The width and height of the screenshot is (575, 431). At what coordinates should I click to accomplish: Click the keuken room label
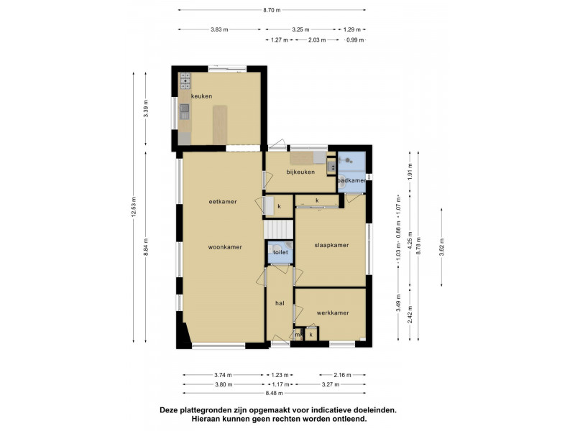201,96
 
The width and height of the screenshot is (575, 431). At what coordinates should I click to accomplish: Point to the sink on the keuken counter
185,111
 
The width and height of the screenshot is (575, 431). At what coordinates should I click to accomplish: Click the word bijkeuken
300,172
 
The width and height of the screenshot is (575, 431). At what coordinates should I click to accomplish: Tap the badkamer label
351,180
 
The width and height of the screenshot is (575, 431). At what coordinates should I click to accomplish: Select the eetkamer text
223,202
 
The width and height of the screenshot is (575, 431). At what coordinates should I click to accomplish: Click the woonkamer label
224,246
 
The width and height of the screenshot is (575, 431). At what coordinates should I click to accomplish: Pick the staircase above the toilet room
279,228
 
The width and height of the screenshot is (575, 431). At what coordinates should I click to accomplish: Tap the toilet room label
280,252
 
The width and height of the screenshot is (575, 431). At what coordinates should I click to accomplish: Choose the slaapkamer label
331,245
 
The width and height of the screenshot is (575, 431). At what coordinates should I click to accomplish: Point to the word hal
280,303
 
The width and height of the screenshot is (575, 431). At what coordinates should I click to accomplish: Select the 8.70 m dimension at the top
272,10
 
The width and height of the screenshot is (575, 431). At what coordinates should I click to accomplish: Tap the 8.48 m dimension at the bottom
274,393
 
